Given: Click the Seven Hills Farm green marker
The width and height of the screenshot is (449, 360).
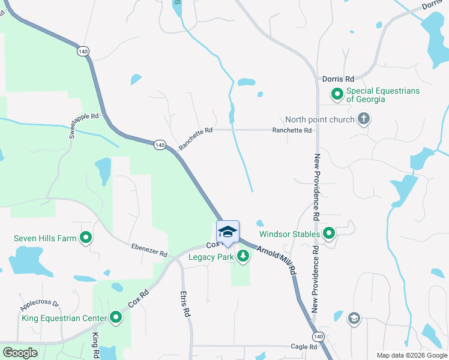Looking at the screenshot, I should (86, 238).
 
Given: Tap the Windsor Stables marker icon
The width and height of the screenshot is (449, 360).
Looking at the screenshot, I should (329, 233).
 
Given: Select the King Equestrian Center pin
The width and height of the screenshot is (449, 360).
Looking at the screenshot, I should (116, 318).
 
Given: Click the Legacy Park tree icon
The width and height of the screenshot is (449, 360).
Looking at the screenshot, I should (243, 257).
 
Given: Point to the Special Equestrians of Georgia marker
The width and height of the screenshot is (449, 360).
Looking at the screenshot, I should (337, 94).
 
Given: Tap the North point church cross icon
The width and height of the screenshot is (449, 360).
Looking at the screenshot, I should (363, 119).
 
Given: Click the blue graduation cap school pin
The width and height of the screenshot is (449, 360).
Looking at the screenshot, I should (228, 232).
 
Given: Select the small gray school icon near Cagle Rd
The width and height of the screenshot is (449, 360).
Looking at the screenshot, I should (354, 318).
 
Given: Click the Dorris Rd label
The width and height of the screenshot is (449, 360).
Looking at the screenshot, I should (339, 79).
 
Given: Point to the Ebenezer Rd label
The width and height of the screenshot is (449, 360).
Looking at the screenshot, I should (149, 250).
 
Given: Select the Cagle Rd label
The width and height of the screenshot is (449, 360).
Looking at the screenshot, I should (304, 347).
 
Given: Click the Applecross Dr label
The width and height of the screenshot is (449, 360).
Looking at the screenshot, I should (40, 304).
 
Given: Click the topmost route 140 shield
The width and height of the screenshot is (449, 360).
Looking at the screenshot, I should (83, 52).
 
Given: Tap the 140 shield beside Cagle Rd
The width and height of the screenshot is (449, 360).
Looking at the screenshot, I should (319, 335).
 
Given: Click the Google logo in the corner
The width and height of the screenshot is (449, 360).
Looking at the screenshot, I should (20, 353).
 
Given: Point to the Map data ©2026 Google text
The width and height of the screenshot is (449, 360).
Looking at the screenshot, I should (412, 355).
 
